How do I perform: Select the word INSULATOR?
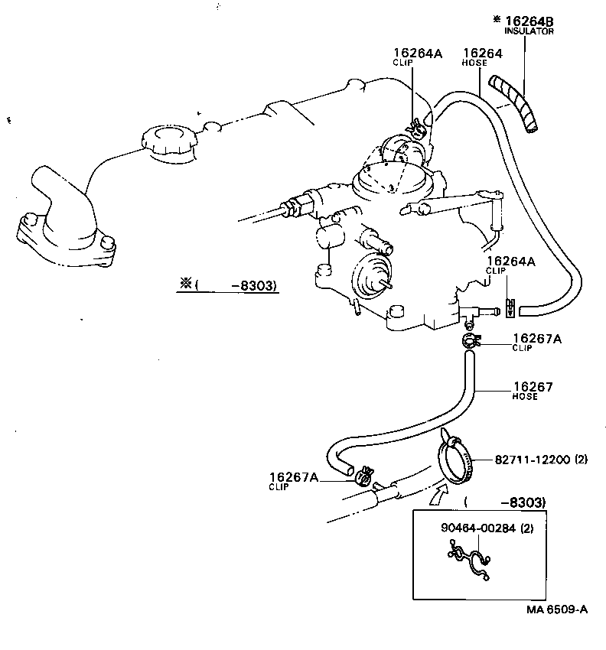point(529,31)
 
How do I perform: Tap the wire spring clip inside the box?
point(468,565)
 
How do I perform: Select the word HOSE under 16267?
point(525,397)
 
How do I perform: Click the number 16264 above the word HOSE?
point(482,53)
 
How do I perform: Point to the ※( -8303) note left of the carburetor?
point(228,286)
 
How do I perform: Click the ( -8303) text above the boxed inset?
point(505,502)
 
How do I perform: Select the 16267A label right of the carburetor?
point(536,338)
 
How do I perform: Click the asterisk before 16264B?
point(497,19)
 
